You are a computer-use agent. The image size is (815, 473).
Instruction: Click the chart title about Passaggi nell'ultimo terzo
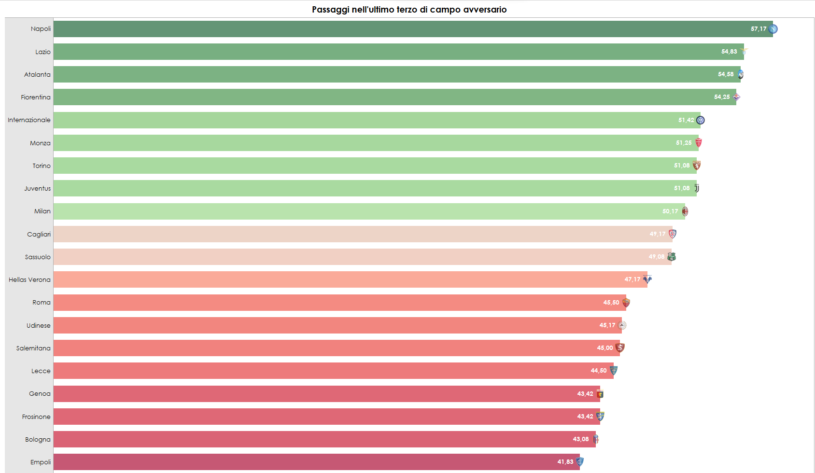pyautogui.click(x=409, y=9)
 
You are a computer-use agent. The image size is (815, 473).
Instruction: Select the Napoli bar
pyautogui.click(x=386, y=29)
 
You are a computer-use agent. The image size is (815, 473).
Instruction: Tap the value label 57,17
pyautogui.click(x=758, y=29)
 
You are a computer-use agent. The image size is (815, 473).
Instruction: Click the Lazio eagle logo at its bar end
pyautogui.click(x=744, y=51)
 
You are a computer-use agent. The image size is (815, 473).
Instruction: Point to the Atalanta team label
pyautogui.click(x=37, y=74)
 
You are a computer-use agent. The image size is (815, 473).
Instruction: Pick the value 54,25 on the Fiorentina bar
pyautogui.click(x=722, y=97)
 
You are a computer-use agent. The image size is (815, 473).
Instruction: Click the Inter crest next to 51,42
pyautogui.click(x=700, y=120)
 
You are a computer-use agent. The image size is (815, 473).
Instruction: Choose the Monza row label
pyautogui.click(x=40, y=143)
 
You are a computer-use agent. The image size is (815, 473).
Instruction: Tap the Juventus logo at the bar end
pyautogui.click(x=697, y=188)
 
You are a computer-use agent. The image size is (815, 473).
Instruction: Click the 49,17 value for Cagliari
pyautogui.click(x=657, y=234)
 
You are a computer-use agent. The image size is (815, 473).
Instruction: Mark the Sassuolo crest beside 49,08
pyautogui.click(x=671, y=257)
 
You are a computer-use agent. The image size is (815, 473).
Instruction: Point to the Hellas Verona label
pyautogui.click(x=29, y=279)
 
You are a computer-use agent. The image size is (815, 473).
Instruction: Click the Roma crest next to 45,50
pyautogui.click(x=626, y=303)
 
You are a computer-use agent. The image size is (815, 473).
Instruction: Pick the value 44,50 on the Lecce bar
pyautogui.click(x=598, y=371)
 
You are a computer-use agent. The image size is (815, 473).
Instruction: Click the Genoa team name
pyautogui.click(x=40, y=393)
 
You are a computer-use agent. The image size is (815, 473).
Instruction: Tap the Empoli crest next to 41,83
pyautogui.click(x=580, y=462)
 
